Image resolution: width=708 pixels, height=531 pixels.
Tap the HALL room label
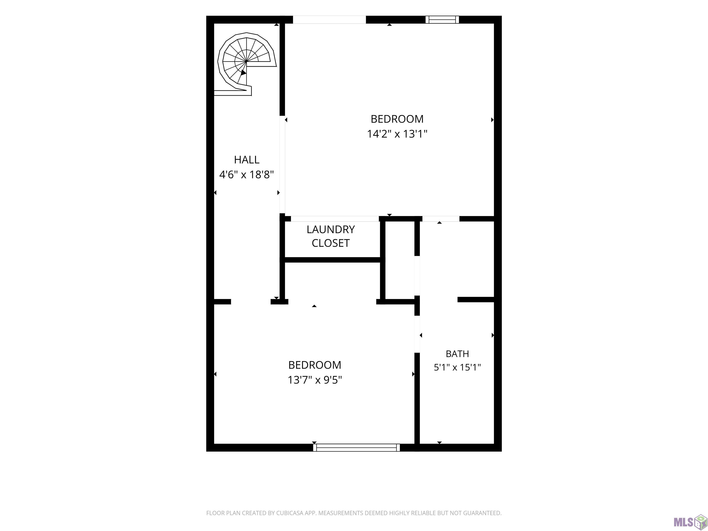point(246,159)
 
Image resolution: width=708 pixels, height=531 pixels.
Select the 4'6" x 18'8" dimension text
point(246,175)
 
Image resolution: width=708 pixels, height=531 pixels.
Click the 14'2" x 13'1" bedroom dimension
point(397,133)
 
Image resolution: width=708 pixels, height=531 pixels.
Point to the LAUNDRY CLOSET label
point(331,236)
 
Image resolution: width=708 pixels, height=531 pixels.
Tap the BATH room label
point(457,354)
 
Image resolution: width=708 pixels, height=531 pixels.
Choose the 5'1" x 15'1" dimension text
point(457,367)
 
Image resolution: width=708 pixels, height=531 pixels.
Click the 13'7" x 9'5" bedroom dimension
point(315,380)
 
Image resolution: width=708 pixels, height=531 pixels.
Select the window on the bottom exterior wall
point(356,448)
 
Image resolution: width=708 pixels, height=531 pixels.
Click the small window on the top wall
point(442,20)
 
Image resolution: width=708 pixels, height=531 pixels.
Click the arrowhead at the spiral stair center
point(243,73)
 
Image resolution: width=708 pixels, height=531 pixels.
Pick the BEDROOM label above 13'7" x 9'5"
point(315,365)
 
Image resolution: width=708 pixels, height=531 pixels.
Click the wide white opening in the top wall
point(329,20)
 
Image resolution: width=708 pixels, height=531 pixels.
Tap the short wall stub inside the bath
point(476,300)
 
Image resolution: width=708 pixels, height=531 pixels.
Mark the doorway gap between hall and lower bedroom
point(251,301)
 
